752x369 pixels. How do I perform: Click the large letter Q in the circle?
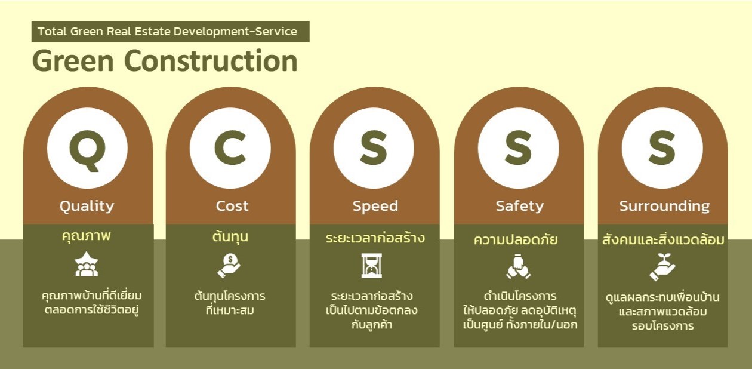click(87, 150)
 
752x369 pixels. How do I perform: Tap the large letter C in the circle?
click(230, 148)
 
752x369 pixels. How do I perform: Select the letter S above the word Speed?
click(374, 148)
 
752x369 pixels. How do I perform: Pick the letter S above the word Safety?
click(518, 148)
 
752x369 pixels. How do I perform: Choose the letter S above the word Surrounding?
click(662, 148)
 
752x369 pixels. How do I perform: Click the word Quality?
click(87, 206)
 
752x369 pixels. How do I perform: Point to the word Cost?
click(232, 206)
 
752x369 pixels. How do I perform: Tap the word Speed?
click(375, 207)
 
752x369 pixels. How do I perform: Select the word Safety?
click(520, 206)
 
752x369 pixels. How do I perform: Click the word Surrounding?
click(665, 206)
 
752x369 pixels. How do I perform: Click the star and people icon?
click(87, 264)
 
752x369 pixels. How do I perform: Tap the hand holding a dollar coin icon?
click(229, 266)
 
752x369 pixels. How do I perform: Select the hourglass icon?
click(372, 266)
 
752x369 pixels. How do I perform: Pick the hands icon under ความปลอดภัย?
click(518, 267)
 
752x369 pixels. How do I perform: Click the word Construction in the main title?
click(211, 61)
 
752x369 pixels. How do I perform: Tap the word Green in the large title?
click(73, 61)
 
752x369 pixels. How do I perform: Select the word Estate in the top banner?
click(152, 31)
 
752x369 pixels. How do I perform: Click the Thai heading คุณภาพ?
click(87, 236)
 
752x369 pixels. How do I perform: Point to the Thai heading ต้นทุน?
click(230, 236)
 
